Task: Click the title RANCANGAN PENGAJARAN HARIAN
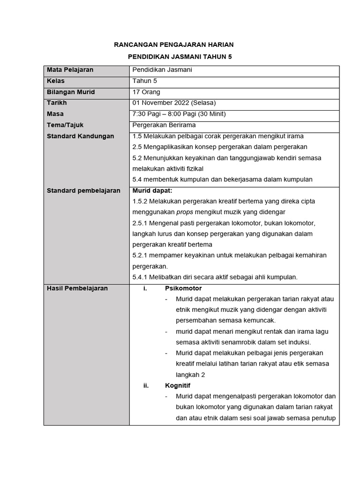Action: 174,45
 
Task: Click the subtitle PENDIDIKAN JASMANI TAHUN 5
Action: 180,57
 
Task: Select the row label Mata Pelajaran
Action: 70,70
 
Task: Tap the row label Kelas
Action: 55,81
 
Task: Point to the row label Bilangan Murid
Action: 70,92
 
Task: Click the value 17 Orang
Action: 146,92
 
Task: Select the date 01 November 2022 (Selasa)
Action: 174,103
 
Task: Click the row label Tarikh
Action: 57,103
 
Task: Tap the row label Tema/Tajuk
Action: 65,125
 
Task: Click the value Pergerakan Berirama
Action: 164,125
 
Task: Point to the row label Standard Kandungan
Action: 80,136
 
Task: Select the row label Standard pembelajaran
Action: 83,190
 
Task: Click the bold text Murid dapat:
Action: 152,190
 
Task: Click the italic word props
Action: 185,212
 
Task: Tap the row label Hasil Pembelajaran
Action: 77,288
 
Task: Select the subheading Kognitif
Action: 178,386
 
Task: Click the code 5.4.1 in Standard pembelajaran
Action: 141,277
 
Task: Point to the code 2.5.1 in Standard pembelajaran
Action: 141,223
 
